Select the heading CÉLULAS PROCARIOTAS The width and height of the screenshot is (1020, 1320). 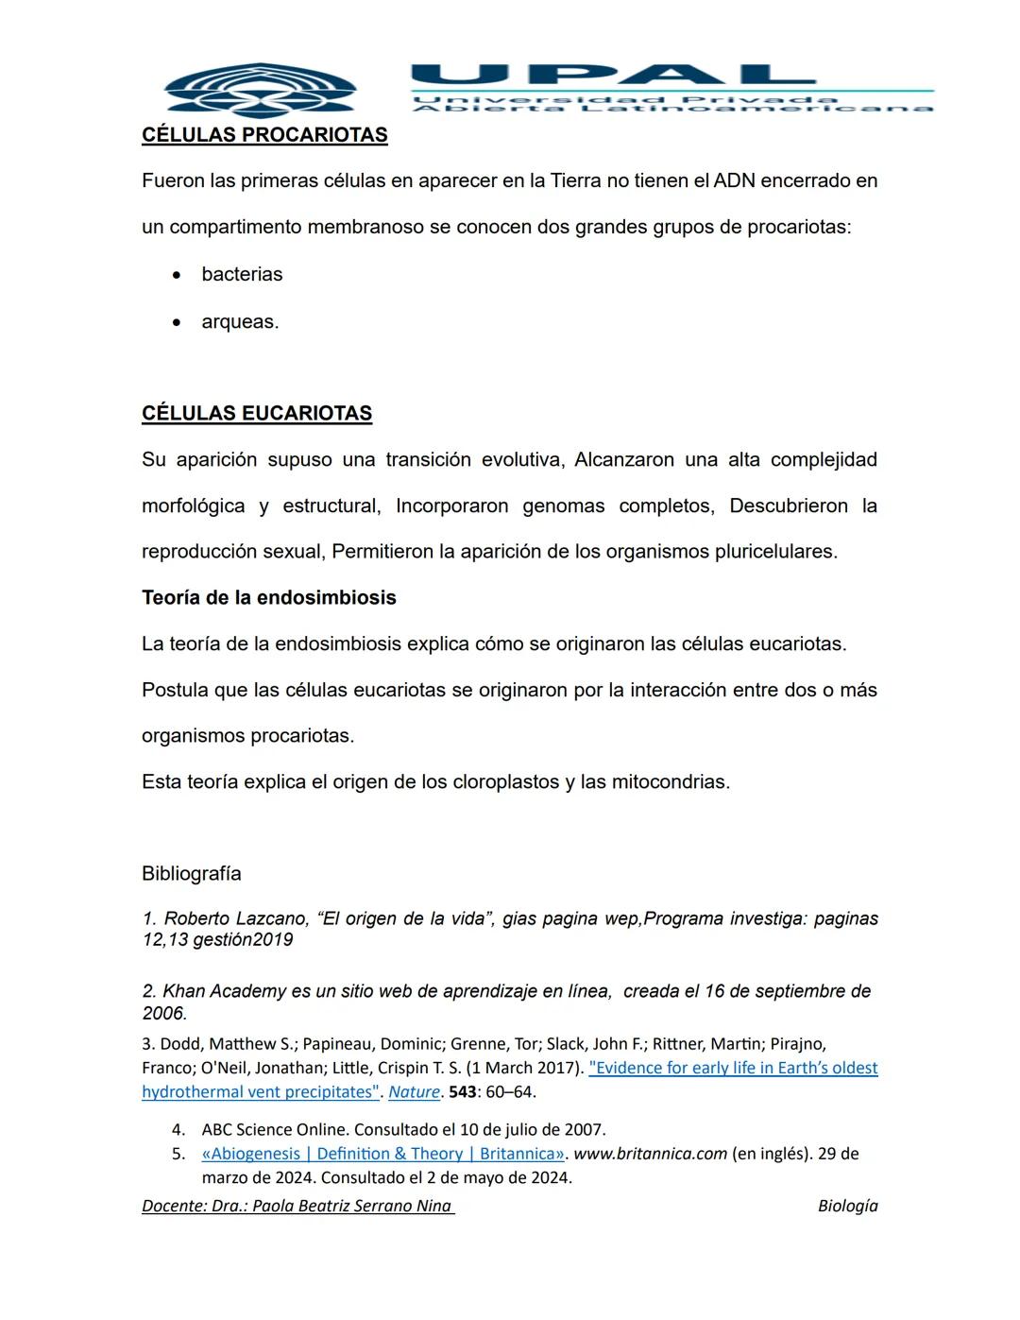[264, 135]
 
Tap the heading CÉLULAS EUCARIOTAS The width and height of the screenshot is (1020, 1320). [257, 414]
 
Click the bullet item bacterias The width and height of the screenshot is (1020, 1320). [242, 275]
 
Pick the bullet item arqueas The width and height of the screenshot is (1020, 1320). [240, 322]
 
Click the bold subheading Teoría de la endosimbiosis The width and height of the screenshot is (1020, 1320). [269, 598]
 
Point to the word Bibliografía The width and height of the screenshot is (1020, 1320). [192, 874]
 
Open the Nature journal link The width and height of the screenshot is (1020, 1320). [414, 1092]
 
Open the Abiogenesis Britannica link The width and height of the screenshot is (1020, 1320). [382, 1154]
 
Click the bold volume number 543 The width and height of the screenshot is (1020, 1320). [463, 1092]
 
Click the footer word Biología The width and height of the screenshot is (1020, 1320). [847, 1207]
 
